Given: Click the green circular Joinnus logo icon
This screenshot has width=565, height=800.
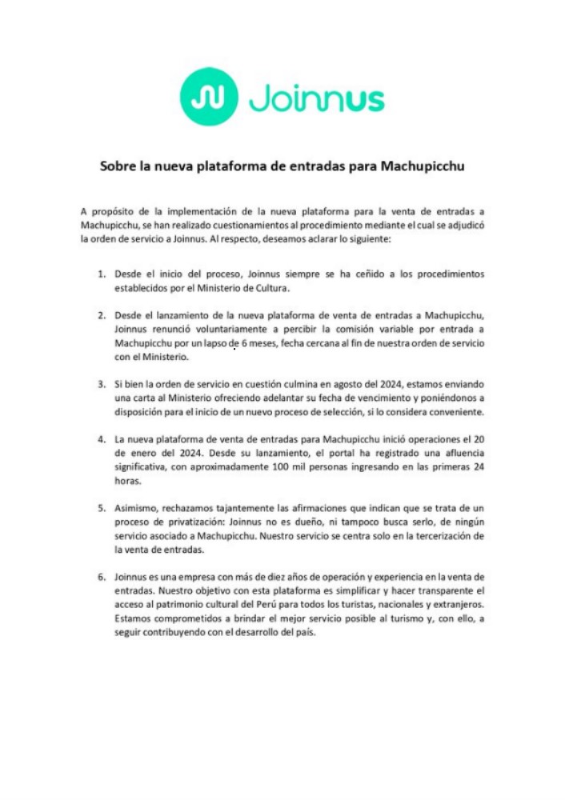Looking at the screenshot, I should click(x=207, y=96).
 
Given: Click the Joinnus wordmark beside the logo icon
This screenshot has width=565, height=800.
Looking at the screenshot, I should click(x=318, y=98).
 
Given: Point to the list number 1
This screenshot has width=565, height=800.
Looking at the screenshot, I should click(x=102, y=274).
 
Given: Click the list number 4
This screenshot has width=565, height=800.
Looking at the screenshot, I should click(x=102, y=439).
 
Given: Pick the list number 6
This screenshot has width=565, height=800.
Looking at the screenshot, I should click(x=102, y=577).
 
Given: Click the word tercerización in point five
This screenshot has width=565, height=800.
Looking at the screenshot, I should click(x=431, y=536).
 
